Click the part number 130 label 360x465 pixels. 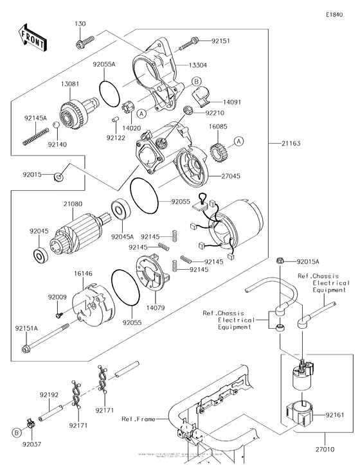click(x=80, y=24)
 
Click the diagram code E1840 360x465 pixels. click(x=335, y=14)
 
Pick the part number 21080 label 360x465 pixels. click(x=73, y=204)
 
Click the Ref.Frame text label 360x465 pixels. click(x=138, y=419)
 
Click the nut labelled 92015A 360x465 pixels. click(x=280, y=261)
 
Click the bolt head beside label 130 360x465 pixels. click(x=82, y=44)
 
